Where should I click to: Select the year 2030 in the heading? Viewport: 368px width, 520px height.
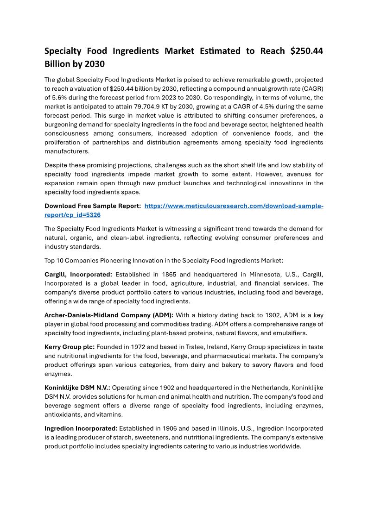[95, 64]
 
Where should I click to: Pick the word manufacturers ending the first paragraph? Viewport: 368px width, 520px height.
[67, 151]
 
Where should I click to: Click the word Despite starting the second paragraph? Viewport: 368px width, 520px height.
[56, 165]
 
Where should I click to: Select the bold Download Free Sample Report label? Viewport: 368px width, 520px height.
[93, 206]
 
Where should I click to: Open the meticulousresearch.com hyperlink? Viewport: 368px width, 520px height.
[234, 206]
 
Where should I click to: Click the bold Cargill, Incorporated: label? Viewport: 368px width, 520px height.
[78, 274]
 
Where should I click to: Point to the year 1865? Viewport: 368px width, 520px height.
[170, 274]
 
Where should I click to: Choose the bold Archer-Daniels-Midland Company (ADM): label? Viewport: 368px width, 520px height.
[109, 315]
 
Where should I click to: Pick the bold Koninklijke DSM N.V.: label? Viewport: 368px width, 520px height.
[77, 388]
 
